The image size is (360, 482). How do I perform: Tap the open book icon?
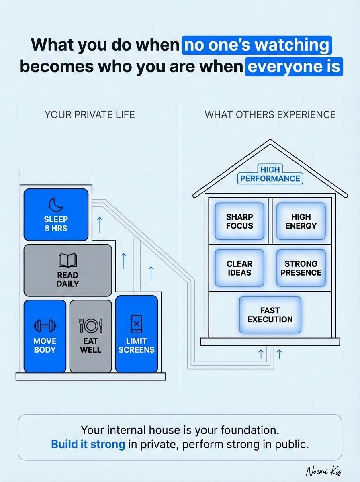(x=68, y=260)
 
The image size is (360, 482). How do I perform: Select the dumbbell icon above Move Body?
(x=45, y=325)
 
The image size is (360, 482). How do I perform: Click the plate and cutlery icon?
(x=91, y=325)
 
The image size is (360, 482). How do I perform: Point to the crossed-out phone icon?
(x=136, y=324)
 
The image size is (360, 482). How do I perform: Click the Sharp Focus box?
(x=239, y=221)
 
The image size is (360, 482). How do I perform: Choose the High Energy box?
(x=301, y=221)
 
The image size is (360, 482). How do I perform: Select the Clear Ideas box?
(x=239, y=268)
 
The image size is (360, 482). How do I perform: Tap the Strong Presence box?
(x=301, y=268)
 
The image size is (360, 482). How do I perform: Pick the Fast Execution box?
(x=270, y=315)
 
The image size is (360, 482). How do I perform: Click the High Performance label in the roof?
(x=270, y=174)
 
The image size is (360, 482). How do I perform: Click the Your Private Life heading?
(x=90, y=115)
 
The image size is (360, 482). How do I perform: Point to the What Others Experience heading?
(x=270, y=115)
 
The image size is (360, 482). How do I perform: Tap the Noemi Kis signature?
(x=324, y=471)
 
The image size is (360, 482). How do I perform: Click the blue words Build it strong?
(x=88, y=444)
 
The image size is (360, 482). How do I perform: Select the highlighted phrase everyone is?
(x=294, y=67)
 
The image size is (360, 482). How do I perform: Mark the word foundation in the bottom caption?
(x=250, y=430)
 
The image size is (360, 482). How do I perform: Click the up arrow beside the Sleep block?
(x=100, y=225)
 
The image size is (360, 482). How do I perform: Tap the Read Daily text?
(x=67, y=279)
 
